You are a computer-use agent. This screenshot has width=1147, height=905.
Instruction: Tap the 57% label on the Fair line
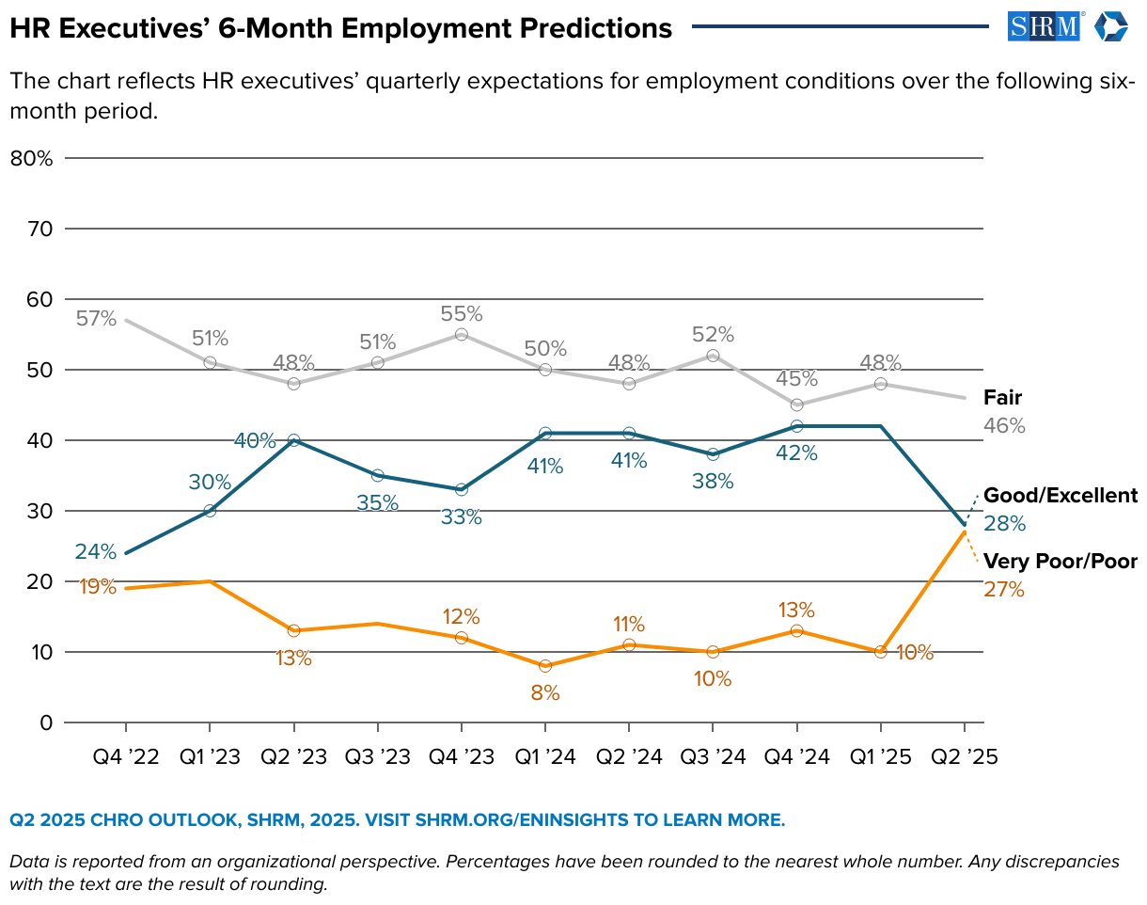coord(96,319)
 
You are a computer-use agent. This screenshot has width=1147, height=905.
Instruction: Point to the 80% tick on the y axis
coord(31,158)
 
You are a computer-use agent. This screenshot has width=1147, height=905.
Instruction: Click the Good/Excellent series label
coord(1060,496)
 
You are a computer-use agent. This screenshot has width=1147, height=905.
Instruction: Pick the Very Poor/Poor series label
coord(1060,562)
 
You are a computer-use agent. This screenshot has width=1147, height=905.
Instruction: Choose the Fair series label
coord(1002,397)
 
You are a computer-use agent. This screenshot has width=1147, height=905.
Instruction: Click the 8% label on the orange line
coord(545,693)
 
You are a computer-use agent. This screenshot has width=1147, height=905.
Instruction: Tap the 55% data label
coord(462,313)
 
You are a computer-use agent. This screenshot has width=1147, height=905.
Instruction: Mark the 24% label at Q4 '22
coord(96,551)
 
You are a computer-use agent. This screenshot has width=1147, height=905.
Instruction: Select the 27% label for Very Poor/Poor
coord(1004,591)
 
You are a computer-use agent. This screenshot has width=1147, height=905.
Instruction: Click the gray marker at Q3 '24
coord(713,356)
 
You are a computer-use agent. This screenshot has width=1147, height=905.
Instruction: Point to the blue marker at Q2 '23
coord(293,440)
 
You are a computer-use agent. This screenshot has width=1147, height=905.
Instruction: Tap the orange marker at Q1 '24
coord(545,666)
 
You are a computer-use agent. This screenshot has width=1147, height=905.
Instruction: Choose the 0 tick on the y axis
coord(45,722)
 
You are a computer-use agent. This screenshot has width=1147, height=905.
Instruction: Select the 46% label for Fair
coord(1004,426)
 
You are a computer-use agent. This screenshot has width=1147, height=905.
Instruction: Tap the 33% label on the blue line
coord(462,516)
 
